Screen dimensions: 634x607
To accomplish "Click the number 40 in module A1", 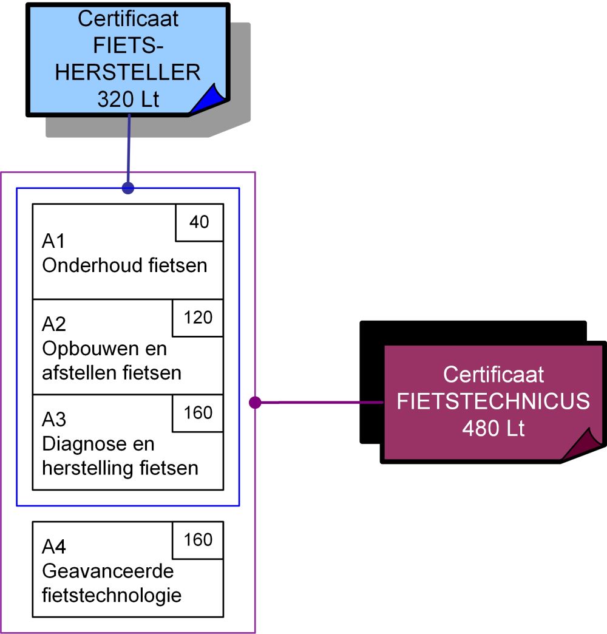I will (x=199, y=222).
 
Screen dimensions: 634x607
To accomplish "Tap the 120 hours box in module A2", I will (x=198, y=317).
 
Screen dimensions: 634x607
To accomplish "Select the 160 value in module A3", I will (x=198, y=413).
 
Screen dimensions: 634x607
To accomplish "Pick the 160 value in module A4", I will (x=198, y=540).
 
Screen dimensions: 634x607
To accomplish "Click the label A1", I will (x=53, y=242).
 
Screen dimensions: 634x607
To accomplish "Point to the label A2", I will (x=53, y=325).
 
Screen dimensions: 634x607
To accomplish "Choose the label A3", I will (x=53, y=420).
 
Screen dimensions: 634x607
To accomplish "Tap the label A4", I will (x=53, y=547).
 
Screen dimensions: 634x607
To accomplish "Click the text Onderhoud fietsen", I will (x=124, y=266).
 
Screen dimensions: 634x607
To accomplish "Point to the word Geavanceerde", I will (x=107, y=571).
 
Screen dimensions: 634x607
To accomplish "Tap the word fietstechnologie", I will (x=112, y=595).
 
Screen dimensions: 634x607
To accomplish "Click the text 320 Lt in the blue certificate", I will (x=128, y=99).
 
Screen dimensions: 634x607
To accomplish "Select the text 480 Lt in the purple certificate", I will (x=493, y=429).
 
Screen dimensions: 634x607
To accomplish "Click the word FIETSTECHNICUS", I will (x=493, y=401).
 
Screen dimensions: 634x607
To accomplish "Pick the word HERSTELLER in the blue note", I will (x=128, y=72).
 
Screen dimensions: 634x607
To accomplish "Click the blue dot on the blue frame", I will (x=127, y=188).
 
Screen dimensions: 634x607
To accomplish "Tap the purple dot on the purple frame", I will (x=256, y=402).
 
